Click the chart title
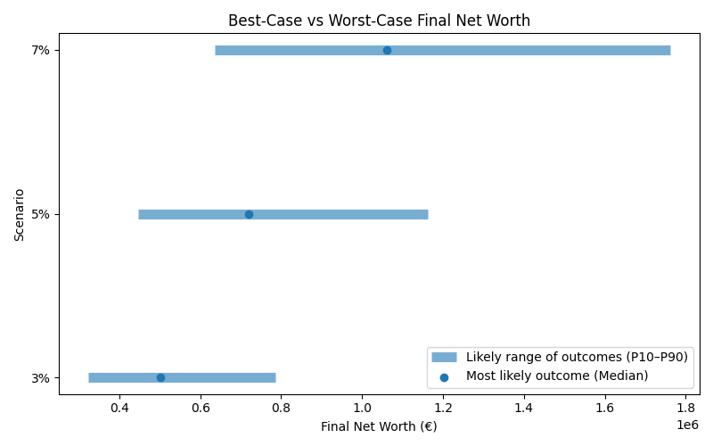379,20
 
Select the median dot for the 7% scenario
387,50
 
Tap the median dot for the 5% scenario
249,214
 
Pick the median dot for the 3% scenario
160,377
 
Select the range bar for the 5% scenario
339,214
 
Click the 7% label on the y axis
40,50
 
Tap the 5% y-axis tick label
40,214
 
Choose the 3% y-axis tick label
40,377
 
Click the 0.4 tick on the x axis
119,409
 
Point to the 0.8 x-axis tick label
282,409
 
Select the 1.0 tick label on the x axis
362,409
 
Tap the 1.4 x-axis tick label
524,409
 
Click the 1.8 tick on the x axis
685,409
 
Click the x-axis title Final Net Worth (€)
379,427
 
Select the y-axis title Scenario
19,214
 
